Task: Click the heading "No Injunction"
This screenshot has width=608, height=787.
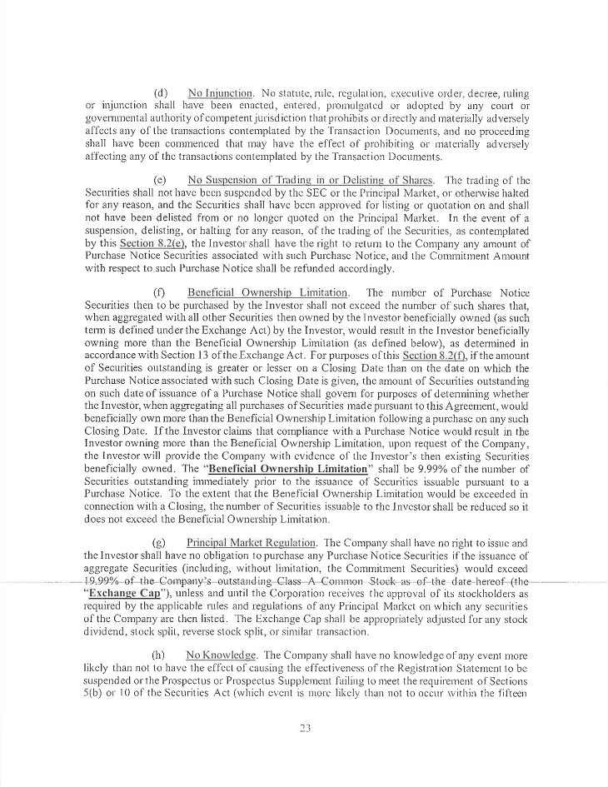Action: [219, 92]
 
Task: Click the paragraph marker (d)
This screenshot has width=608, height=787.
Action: [162, 92]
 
